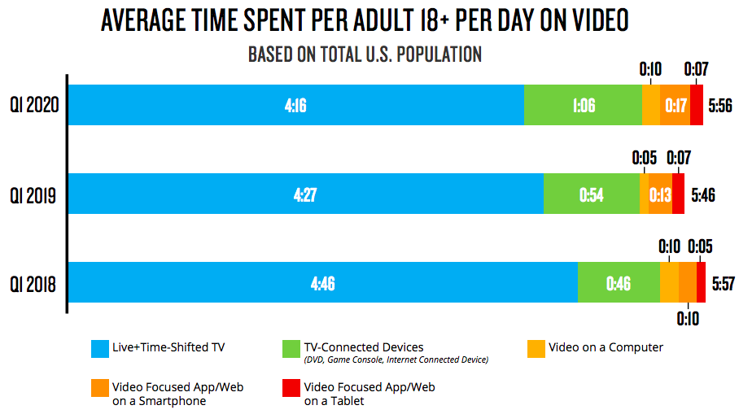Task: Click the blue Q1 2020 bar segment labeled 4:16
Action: click(295, 105)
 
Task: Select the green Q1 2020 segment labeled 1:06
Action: click(583, 105)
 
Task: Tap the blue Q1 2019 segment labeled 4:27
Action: click(305, 194)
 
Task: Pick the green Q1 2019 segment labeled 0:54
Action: click(591, 194)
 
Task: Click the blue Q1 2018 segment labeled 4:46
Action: click(322, 282)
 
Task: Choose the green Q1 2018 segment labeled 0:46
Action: click(619, 282)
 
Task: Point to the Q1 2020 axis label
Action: click(33, 105)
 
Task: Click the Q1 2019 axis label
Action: click(33, 194)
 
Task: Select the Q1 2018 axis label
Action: click(33, 283)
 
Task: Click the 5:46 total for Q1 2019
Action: click(702, 194)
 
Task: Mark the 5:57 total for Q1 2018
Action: click(724, 283)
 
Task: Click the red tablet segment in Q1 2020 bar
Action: click(697, 105)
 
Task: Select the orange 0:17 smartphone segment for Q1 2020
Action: click(675, 105)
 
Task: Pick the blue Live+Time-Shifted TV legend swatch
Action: click(101, 348)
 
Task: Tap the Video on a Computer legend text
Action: click(606, 347)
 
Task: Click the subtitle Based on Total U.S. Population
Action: click(365, 54)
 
